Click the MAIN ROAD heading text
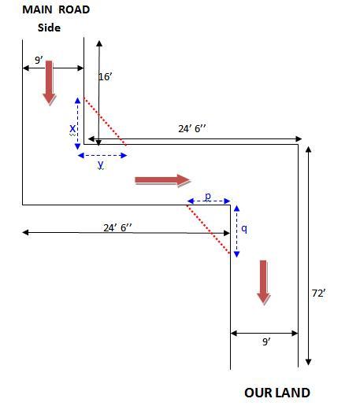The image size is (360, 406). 56,9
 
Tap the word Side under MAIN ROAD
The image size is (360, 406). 49,28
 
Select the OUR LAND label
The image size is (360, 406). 277,393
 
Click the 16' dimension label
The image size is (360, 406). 106,77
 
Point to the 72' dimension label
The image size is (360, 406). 318,293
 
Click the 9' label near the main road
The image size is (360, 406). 39,60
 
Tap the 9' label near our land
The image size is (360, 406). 266,341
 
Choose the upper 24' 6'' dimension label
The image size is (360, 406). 192,129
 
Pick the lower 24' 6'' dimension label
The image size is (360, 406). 117,227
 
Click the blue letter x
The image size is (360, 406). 72,128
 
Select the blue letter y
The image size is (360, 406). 101,164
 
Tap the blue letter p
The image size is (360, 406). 208,196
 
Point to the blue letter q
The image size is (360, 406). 244,229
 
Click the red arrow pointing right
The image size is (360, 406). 163,180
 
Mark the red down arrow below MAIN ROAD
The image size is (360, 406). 50,83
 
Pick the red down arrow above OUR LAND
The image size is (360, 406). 263,282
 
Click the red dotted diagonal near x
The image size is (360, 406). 105,121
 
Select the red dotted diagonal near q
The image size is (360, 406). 209,230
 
